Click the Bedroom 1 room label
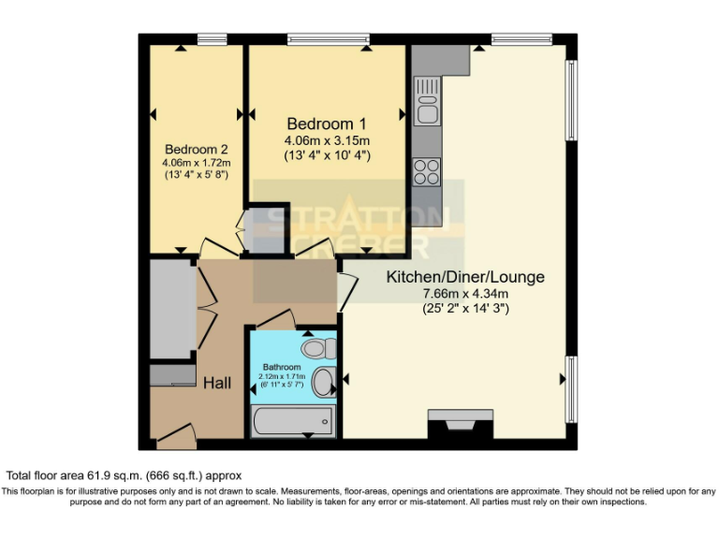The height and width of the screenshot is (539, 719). tap(326, 124)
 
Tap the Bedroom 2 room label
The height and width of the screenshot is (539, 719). tap(197, 149)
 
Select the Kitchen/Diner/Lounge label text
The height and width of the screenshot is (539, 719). tap(465, 277)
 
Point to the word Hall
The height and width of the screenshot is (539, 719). tap(217, 383)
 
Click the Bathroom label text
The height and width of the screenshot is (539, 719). tap(281, 367)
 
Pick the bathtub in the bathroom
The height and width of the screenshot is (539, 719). tap(292, 422)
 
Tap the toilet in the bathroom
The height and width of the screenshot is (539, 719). tap(319, 349)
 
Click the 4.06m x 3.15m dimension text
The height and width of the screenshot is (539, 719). tap(327, 140)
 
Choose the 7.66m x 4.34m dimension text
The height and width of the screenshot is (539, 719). tap(465, 293)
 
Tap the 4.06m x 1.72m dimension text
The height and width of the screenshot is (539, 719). tap(197, 162)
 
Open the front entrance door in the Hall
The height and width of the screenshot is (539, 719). tap(175, 433)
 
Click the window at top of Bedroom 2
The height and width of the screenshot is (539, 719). tap(213, 38)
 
